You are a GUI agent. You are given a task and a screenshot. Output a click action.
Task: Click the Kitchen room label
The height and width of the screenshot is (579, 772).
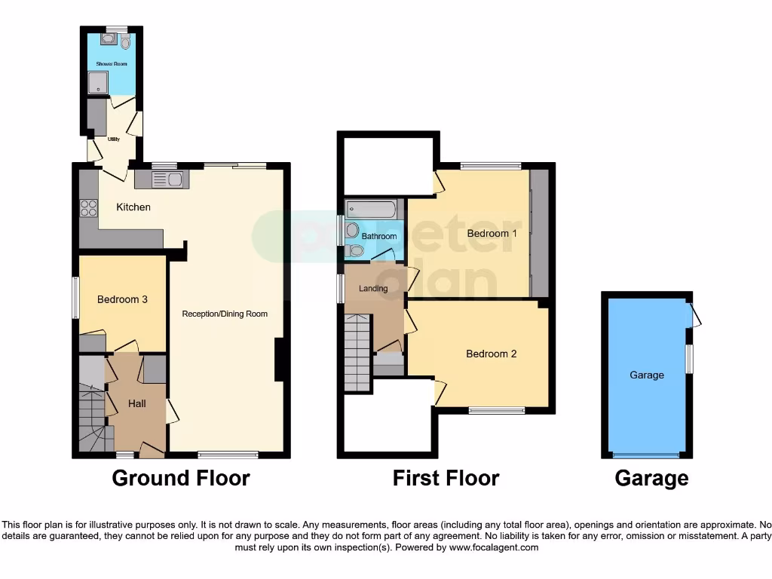[x=133, y=207]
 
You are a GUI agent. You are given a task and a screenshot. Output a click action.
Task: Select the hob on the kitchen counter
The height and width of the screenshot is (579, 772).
[x=87, y=207]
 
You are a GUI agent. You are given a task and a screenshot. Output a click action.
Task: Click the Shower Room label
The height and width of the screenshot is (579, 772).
[x=112, y=64]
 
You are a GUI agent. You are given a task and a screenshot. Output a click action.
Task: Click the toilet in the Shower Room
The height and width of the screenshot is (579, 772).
[x=125, y=42]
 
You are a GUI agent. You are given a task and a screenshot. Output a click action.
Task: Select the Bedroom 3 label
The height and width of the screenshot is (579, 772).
[x=122, y=299]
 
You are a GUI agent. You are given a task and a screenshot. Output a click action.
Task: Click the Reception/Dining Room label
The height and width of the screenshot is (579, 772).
[x=225, y=314]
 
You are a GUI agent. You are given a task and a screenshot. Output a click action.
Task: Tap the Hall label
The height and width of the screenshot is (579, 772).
[x=137, y=404]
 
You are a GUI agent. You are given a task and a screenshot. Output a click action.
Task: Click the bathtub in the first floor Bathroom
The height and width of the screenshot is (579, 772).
[x=371, y=209]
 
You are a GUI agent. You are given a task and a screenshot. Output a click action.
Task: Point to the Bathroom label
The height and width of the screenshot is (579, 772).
[x=378, y=237]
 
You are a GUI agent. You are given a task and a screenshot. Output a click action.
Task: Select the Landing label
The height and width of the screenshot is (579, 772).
[x=373, y=289]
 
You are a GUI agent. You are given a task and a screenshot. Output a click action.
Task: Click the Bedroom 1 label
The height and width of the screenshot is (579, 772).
[x=492, y=234]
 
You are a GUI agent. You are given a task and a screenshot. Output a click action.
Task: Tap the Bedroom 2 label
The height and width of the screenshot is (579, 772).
[x=491, y=354]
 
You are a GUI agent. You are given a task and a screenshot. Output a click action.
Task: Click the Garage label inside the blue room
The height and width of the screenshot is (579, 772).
[x=647, y=375]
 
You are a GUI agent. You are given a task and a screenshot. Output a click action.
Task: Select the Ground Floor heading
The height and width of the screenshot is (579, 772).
[x=181, y=478]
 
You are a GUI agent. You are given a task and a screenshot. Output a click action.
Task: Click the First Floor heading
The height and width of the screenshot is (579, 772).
[x=446, y=478]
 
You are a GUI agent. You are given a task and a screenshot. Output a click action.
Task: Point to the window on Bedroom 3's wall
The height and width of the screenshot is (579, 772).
[x=75, y=298]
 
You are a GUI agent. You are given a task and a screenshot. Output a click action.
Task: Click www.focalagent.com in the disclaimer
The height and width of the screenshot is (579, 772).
[x=495, y=547]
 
